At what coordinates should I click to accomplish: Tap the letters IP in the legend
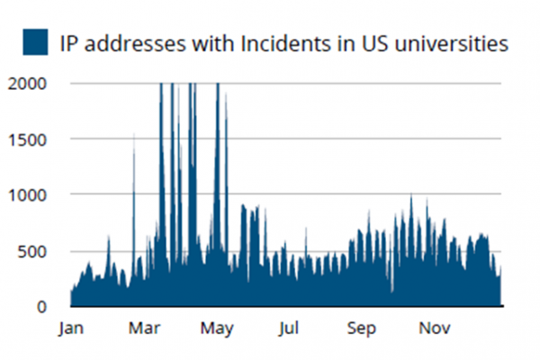tap(70, 42)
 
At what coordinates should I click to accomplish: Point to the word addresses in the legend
tap(133, 42)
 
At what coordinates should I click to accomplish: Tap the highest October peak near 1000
tap(411, 197)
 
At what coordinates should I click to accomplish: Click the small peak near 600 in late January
tap(108, 239)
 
